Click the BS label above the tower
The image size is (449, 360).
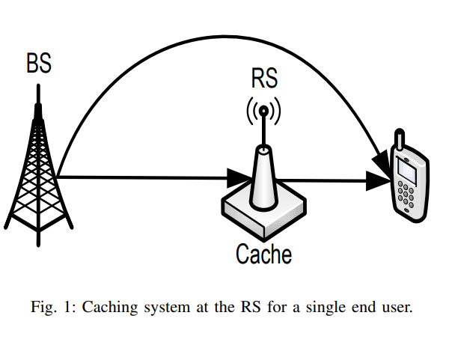[x=39, y=64]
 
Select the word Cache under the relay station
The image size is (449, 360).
[x=263, y=254]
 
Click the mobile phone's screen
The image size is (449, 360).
[x=407, y=171]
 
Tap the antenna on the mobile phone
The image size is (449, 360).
[x=400, y=140]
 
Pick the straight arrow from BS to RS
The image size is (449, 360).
[x=142, y=177]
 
